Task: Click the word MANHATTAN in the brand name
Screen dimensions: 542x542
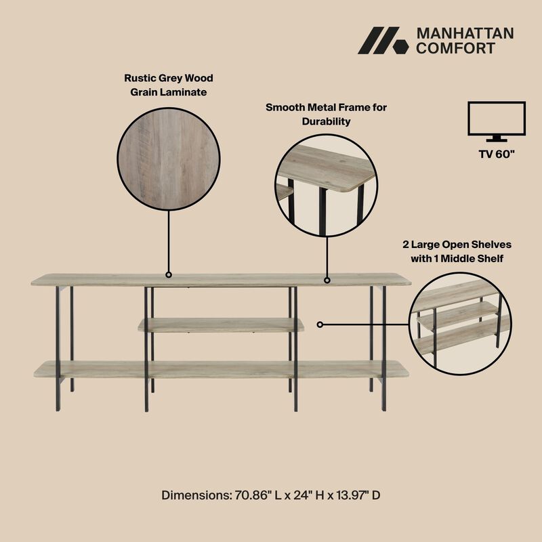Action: point(465,34)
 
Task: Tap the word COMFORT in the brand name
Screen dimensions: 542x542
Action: point(455,48)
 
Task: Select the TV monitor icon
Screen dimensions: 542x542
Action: point(497,121)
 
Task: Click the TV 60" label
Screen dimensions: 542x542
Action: point(497,154)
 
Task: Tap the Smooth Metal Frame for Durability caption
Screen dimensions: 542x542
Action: point(326,114)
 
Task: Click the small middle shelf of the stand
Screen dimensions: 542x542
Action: point(221,325)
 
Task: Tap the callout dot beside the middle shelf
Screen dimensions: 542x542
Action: point(320,325)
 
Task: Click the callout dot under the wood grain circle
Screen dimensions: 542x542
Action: point(169,274)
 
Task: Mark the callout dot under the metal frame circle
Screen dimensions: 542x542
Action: point(327,279)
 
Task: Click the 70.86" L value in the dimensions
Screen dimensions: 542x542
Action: point(249,495)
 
